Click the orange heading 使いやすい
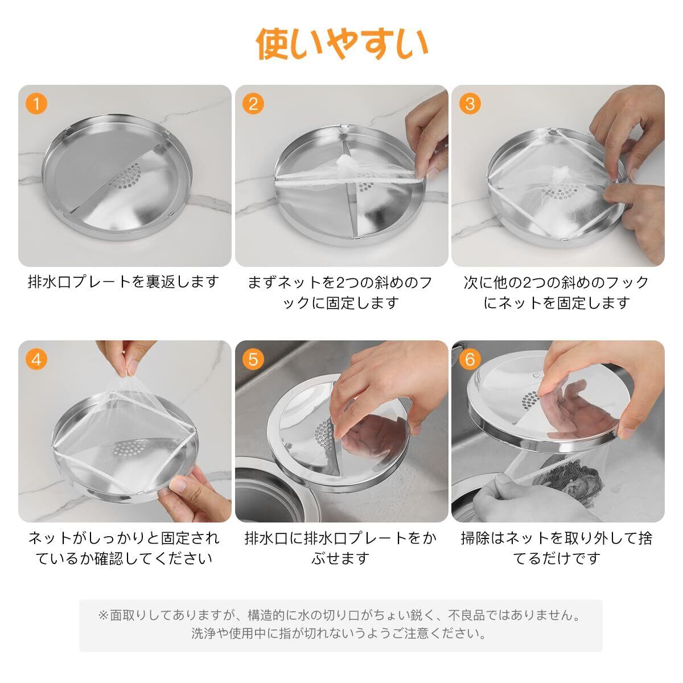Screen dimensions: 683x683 click(341, 44)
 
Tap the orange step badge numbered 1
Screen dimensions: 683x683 click(36, 104)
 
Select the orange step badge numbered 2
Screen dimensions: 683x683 click(253, 104)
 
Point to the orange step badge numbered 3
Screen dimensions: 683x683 click(470, 104)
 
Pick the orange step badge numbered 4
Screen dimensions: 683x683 click(36, 359)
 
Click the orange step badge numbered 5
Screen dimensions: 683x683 click(253, 359)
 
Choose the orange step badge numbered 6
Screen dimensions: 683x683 click(470, 359)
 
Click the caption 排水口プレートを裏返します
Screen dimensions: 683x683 click(124, 282)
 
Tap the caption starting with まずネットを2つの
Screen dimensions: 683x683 click(340, 293)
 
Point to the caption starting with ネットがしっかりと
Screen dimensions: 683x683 click(124, 548)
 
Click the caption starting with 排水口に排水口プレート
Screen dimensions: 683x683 click(340, 548)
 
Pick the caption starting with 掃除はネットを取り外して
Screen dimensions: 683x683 click(557, 548)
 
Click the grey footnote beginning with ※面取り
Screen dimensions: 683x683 click(340, 624)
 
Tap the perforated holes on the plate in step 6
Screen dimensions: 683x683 click(530, 400)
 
